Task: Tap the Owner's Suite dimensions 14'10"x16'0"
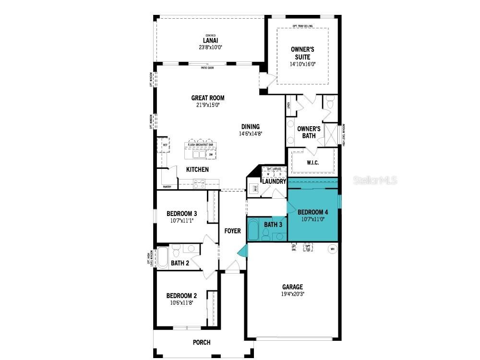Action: (302, 64)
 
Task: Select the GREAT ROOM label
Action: (207, 98)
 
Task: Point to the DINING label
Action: (250, 127)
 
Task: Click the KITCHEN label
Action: (197, 169)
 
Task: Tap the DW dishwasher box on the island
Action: (211, 155)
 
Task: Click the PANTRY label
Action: (167, 187)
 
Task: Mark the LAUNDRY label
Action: (274, 181)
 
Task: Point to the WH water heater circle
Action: (332, 249)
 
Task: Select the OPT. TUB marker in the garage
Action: (308, 248)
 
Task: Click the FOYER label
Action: (232, 231)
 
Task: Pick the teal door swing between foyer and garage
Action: (243, 250)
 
